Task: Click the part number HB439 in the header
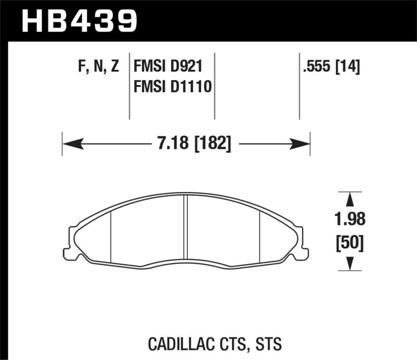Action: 79,20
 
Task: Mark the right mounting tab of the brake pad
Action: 302,242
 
